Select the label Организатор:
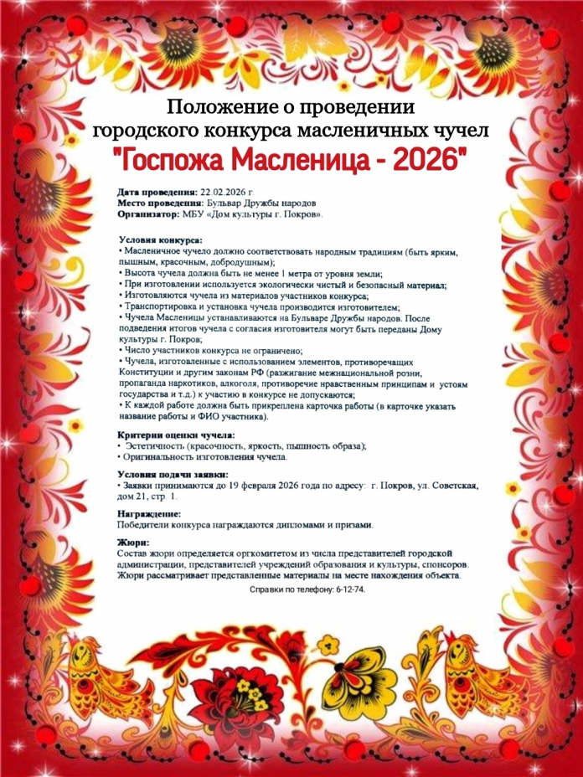click(154, 214)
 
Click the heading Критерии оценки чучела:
click(176, 435)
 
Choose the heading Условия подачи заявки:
click(173, 474)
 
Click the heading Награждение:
click(149, 512)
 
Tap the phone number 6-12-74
click(348, 589)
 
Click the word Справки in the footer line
click(267, 589)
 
